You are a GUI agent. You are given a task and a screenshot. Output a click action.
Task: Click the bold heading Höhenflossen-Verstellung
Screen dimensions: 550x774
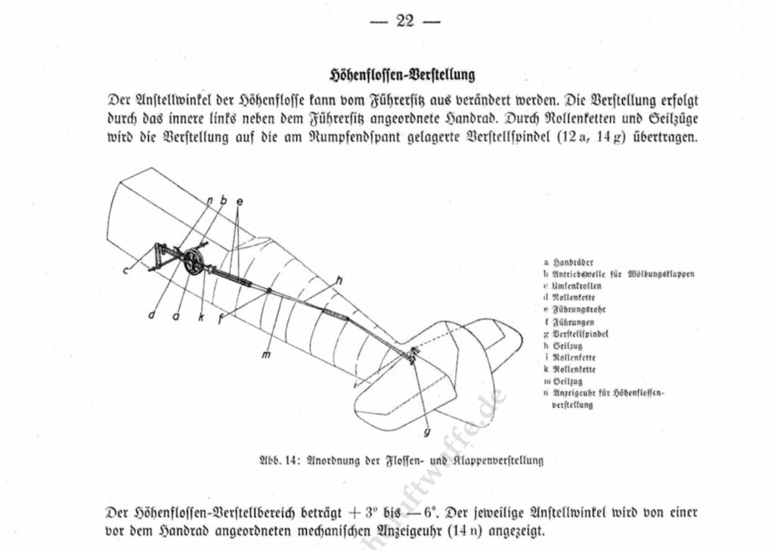(402, 75)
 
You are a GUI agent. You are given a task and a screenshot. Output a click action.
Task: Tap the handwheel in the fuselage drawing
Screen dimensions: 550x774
(193, 261)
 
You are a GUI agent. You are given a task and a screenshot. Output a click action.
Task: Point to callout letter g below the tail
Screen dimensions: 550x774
(427, 433)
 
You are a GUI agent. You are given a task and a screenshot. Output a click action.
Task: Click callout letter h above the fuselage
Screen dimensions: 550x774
(338, 280)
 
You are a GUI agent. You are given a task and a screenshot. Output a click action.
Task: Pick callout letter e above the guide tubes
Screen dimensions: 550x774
(240, 202)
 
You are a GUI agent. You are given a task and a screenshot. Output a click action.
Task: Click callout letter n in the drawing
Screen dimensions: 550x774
(209, 199)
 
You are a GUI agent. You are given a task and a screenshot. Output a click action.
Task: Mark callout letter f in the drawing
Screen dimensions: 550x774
(220, 318)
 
